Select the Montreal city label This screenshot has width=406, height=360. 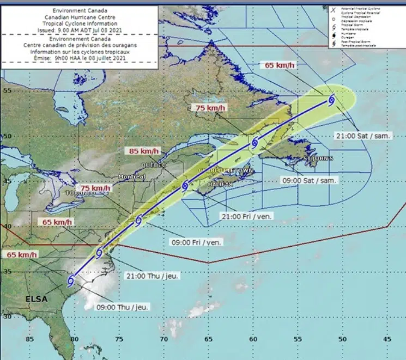[132, 177]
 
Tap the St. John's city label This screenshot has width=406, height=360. [317, 158]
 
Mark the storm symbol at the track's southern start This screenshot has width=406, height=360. [71, 281]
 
